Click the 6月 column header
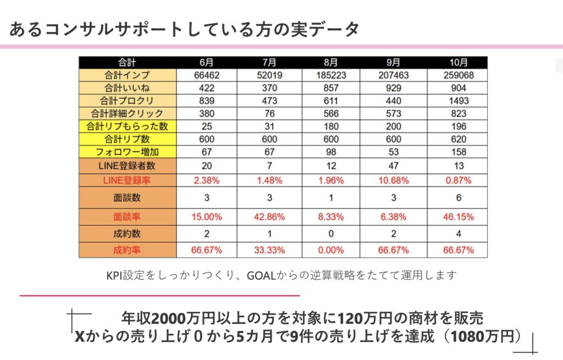tap(206, 63)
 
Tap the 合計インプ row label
tap(127, 75)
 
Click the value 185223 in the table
tap(331, 75)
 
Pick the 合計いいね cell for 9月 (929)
tap(394, 88)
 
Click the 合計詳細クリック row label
tap(127, 114)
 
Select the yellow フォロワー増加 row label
tap(127, 152)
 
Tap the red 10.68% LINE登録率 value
tap(394, 180)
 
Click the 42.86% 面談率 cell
tap(269, 217)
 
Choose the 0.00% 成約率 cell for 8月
tap(331, 250)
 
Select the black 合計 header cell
tap(127, 63)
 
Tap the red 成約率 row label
tap(127, 250)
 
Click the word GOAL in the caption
tap(263, 275)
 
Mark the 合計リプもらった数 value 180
tap(331, 126)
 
